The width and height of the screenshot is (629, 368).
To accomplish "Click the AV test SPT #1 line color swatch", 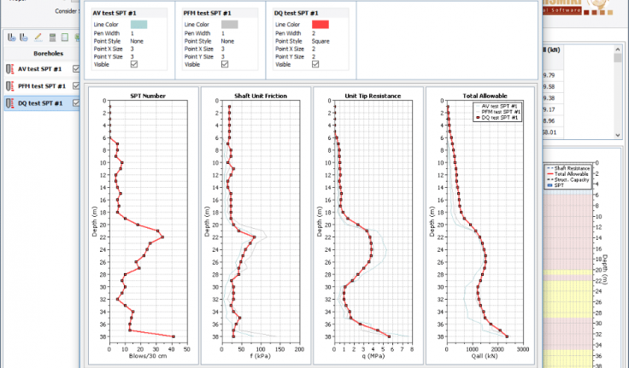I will pyautogui.click(x=139, y=25).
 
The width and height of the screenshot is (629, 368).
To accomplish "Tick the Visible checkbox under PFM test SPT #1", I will pyautogui.click(x=225, y=64).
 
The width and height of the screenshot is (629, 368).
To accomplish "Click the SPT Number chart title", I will pyautogui.click(x=147, y=96).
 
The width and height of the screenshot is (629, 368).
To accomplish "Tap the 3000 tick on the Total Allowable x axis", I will pyautogui.click(x=523, y=348).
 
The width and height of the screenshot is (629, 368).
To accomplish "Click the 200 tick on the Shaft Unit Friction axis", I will pyautogui.click(x=297, y=348).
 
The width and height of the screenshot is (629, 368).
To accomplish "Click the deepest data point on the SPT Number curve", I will pyautogui.click(x=173, y=336).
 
